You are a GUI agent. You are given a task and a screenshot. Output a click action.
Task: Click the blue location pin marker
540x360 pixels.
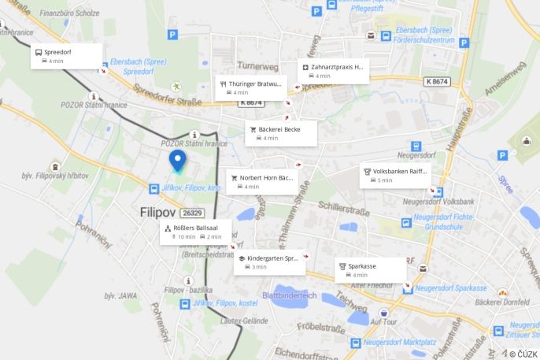(178, 161)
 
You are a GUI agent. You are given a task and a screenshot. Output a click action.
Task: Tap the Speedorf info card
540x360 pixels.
(67, 56)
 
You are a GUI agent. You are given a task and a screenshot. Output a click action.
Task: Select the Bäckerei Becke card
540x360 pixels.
(282, 133)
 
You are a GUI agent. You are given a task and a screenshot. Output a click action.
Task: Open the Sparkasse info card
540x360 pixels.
(370, 270)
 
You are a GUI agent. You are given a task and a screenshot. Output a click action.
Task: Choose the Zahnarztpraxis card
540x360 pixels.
(332, 72)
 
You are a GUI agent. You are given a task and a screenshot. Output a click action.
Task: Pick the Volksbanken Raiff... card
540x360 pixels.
(394, 175)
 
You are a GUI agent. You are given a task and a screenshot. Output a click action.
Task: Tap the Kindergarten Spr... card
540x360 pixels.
(269, 262)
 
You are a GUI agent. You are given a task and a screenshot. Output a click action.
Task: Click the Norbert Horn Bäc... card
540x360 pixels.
(262, 182)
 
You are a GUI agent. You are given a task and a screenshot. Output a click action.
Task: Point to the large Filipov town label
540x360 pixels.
(158, 213)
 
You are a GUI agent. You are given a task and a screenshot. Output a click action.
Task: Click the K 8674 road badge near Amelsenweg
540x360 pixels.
(437, 81)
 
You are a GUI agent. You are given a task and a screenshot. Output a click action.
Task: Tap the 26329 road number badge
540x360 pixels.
(192, 213)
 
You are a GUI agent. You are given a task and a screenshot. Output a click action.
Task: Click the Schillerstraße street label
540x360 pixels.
(343, 206)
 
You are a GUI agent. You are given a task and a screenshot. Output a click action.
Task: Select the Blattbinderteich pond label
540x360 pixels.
(289, 295)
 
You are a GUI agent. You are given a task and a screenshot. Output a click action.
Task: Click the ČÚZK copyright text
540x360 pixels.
(523, 354)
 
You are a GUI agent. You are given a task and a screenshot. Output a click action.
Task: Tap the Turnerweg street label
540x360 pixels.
(257, 67)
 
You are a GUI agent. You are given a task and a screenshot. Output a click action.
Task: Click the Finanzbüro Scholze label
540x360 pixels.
(69, 13)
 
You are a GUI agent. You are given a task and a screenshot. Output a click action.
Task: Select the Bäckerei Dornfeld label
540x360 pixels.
(502, 302)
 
